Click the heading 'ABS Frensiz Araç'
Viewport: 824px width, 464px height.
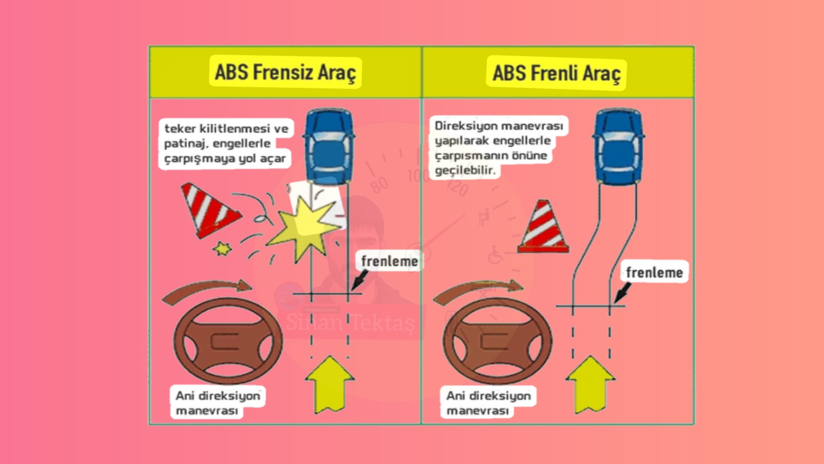[285, 72]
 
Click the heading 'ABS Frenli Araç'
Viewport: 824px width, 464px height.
[556, 74]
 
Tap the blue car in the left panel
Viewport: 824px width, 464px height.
[329, 147]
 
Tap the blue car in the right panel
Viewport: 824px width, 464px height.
[618, 147]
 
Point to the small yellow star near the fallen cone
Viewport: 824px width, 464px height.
[222, 248]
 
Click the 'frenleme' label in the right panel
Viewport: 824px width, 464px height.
[655, 273]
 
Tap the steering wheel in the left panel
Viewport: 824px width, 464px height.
[228, 341]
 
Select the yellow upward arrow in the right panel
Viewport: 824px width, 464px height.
[590, 384]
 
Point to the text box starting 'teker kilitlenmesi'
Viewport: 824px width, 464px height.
[226, 143]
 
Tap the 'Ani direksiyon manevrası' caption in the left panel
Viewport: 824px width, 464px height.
[218, 403]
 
